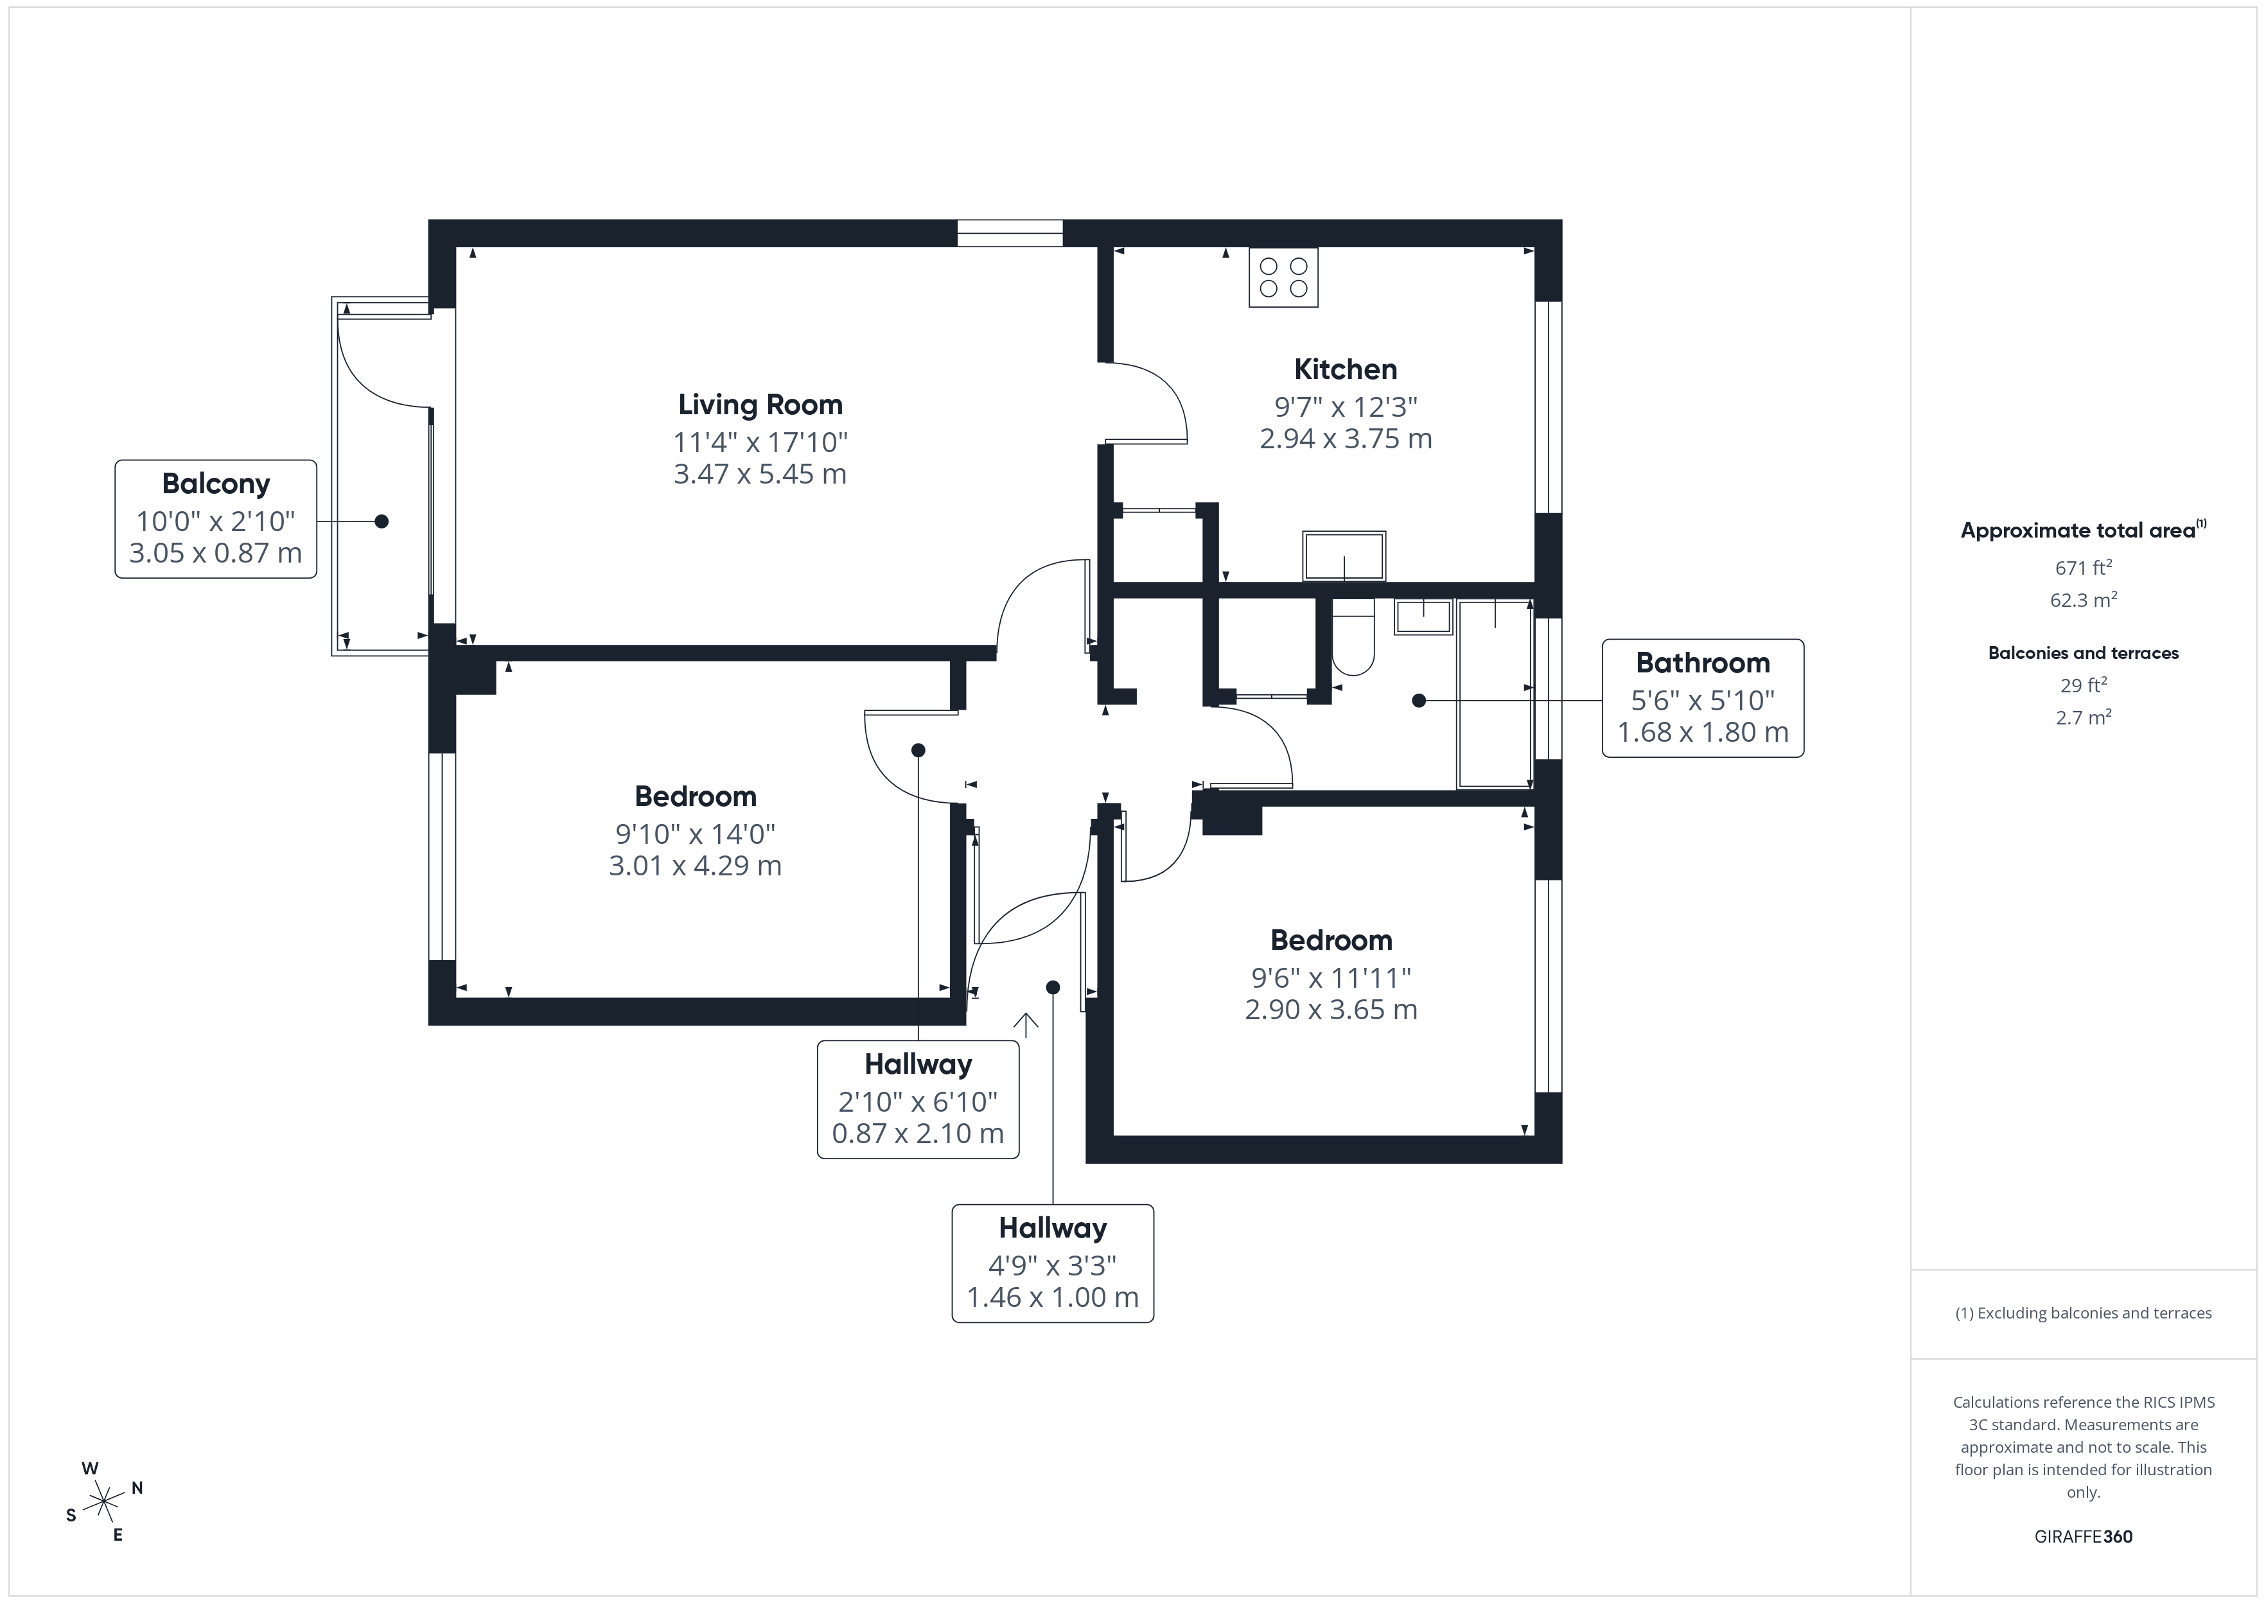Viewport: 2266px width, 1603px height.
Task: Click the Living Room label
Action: [760, 405]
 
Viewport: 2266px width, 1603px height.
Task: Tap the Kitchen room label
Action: [1345, 369]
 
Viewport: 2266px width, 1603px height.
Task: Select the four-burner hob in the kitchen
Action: [1283, 277]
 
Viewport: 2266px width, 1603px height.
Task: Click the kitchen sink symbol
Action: [1344, 556]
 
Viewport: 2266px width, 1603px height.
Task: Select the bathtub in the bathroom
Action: [1494, 693]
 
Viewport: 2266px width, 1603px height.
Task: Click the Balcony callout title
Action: [216, 484]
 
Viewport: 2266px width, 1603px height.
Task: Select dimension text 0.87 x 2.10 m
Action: [918, 1132]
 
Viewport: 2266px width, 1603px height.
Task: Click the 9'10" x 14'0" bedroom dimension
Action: [695, 834]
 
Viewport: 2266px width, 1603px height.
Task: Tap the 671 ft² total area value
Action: [2082, 568]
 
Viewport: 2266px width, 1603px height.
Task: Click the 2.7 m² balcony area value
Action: [2082, 717]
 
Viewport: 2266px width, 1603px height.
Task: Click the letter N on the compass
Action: [137, 1487]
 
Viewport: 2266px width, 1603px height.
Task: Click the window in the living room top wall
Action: [1010, 233]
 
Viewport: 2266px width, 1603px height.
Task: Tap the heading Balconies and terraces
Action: [2082, 653]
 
